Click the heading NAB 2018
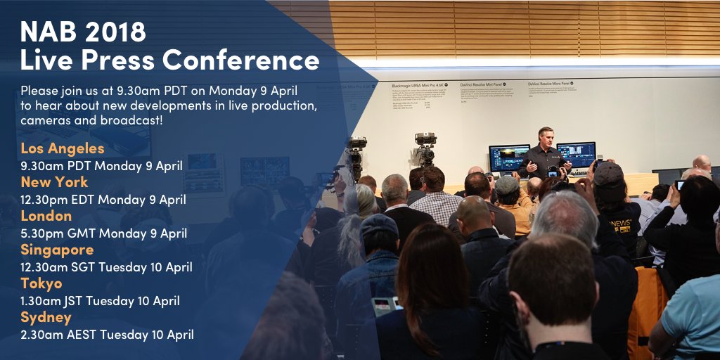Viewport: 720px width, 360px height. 84,31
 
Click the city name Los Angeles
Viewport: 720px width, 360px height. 63,148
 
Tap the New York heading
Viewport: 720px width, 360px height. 54,182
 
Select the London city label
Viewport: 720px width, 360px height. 46,216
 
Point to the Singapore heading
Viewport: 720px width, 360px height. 57,250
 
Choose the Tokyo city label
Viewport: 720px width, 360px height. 41,283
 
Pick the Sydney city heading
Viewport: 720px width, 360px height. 46,317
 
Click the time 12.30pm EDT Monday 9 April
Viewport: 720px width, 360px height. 103,199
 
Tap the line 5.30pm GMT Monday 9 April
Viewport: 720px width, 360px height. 103,233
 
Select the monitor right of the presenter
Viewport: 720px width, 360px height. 576,155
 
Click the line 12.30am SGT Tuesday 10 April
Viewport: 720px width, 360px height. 106,267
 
